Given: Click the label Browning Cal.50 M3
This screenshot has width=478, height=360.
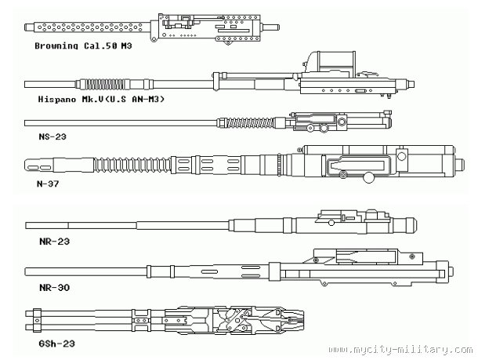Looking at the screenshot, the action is (83, 45).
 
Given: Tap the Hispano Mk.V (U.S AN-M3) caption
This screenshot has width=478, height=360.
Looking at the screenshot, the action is (101, 99).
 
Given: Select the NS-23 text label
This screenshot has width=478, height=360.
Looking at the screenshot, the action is (53, 136).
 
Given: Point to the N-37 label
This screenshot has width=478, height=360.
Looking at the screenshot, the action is (48, 184).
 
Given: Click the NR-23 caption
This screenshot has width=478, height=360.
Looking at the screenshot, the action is (55, 242).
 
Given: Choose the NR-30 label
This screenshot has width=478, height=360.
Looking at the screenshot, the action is (55, 287).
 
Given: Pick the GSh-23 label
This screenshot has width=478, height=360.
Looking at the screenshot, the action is (56, 344).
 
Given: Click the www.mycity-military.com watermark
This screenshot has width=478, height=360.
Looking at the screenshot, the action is (400, 350).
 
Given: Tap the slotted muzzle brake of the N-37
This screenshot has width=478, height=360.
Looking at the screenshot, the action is (39, 165).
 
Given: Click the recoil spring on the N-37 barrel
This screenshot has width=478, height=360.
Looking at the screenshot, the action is (132, 165).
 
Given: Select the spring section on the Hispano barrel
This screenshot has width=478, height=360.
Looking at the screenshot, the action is (104, 84).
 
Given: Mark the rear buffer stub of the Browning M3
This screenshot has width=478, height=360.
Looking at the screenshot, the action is (270, 27).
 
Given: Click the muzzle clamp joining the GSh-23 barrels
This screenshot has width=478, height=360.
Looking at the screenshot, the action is (37, 320).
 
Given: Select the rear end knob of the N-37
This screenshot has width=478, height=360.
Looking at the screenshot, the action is (459, 165).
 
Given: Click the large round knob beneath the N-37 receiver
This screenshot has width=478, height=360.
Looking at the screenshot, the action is (369, 177).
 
